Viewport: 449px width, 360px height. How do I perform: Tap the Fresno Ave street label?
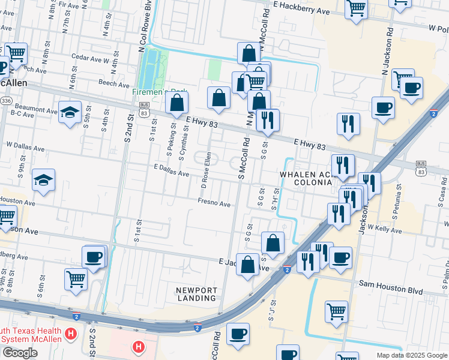(x=214, y=205)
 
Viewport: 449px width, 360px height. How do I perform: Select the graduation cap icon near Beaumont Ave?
(x=70, y=112)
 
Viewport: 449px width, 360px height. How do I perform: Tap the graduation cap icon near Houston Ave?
(x=44, y=180)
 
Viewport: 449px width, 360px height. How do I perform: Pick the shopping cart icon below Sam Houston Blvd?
(x=336, y=311)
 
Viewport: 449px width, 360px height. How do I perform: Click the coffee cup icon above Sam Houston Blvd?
(x=340, y=257)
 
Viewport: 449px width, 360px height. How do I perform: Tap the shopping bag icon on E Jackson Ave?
(x=247, y=264)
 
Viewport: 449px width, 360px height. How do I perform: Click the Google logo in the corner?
(x=20, y=353)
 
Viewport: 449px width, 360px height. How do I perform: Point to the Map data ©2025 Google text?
(x=411, y=355)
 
